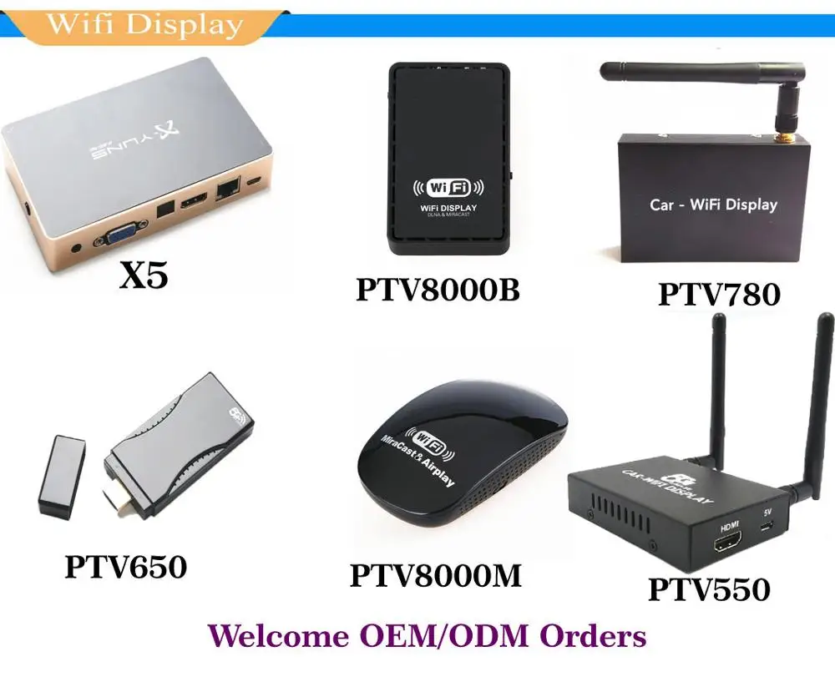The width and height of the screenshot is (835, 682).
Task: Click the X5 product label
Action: pyautogui.click(x=144, y=275)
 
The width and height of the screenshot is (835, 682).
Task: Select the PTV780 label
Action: pyautogui.click(x=719, y=294)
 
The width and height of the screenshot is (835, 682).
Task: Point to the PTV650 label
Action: pyautogui.click(x=126, y=567)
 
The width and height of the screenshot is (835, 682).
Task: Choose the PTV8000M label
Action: pyautogui.click(x=435, y=575)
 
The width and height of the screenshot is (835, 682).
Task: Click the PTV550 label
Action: pyautogui.click(x=709, y=589)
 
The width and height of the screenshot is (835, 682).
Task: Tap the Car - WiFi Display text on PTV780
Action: pyautogui.click(x=713, y=205)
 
